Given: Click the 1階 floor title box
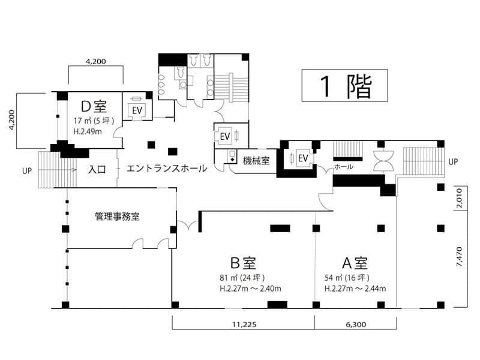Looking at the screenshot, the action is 344,85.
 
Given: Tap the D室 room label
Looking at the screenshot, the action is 94,107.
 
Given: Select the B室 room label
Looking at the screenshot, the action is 243,263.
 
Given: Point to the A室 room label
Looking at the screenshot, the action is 355,263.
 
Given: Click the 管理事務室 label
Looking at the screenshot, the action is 117,217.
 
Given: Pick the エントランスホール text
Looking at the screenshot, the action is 167,168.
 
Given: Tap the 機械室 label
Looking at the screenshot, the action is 256,160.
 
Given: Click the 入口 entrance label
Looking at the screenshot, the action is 97,169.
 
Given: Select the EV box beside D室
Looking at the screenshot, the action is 137,110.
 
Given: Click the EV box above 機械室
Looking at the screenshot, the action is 225,136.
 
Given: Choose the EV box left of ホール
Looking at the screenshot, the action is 303,158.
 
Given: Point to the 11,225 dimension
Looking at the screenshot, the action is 244,325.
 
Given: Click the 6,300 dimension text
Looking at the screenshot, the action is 356,325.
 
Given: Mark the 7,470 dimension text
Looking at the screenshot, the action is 459,257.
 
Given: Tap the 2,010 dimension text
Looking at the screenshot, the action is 459,198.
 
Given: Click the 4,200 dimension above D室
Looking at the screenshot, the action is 96,62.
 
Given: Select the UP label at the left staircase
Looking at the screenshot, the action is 27,171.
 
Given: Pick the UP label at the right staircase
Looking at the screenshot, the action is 453,161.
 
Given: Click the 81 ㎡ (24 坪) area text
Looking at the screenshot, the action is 242,278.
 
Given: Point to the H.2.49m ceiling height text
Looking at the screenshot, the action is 88,131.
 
